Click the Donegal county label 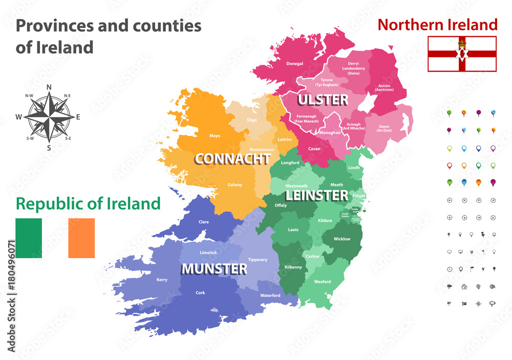295,64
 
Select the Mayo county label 215,136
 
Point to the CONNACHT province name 232,159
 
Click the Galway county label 235,185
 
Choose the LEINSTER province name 316,195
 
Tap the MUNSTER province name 214,268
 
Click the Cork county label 200,293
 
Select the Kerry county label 162,280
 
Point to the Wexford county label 323,282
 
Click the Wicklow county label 342,239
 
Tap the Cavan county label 314,149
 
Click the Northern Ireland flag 462,54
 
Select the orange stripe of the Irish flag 81,238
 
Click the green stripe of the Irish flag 29,238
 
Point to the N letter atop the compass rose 50,87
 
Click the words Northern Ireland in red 437,25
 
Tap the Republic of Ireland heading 88,203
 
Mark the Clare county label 203,222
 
